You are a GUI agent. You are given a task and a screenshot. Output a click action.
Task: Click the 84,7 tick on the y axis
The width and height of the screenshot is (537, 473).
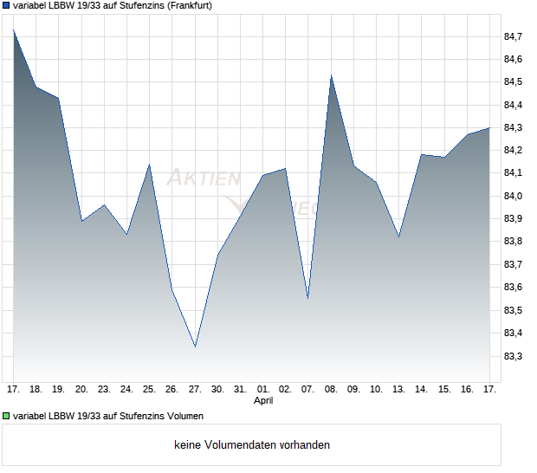point(513,36)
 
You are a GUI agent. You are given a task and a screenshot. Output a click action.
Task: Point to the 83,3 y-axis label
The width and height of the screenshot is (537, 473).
point(513,356)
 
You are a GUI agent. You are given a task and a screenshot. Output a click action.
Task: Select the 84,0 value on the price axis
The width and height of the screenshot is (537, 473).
point(513,196)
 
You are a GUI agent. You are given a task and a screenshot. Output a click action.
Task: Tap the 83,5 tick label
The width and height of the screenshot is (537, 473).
point(513,310)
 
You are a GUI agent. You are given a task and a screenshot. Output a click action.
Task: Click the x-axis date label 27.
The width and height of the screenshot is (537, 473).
point(195,389)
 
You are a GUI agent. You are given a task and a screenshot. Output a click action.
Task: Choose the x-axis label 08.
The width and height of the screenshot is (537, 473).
point(331,389)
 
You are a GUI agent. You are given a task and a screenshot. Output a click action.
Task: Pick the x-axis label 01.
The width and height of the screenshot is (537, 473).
point(263,389)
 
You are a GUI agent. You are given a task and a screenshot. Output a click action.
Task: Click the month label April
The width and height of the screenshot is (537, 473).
point(263,401)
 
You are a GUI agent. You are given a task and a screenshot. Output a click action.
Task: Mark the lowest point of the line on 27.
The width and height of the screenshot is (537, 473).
point(195,347)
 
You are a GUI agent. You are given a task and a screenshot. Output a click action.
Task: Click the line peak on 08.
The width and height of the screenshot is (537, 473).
point(331,75)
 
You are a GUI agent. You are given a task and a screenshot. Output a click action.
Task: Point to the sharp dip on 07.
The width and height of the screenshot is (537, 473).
point(308,298)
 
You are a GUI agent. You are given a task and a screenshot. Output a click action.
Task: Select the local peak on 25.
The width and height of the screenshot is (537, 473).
point(150,165)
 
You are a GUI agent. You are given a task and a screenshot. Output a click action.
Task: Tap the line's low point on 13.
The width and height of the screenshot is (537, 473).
point(398,236)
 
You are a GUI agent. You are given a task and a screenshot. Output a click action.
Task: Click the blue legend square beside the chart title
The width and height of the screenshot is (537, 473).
point(6,5)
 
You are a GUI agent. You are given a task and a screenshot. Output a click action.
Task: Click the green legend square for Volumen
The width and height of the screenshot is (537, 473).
point(6,416)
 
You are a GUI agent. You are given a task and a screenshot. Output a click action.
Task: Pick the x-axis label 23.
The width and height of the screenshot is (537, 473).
point(105,389)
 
